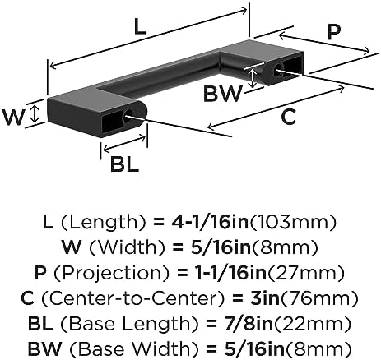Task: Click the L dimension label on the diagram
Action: [140, 27]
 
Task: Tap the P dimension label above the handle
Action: [334, 32]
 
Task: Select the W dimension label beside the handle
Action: [14, 117]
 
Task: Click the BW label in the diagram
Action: [223, 94]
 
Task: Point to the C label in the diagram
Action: [289, 117]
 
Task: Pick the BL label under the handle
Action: [124, 164]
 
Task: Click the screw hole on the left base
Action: [128, 117]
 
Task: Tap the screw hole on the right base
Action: [279, 70]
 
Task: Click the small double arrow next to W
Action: [35, 114]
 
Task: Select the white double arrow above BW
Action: [253, 78]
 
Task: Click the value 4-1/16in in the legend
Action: [210, 222]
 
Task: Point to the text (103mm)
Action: [292, 222]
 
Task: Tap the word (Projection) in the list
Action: [111, 273]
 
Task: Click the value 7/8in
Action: [246, 324]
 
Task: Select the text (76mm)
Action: [318, 298]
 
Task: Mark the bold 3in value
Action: [264, 298]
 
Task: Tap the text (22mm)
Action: [313, 324]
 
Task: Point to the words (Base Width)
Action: [134, 348]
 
